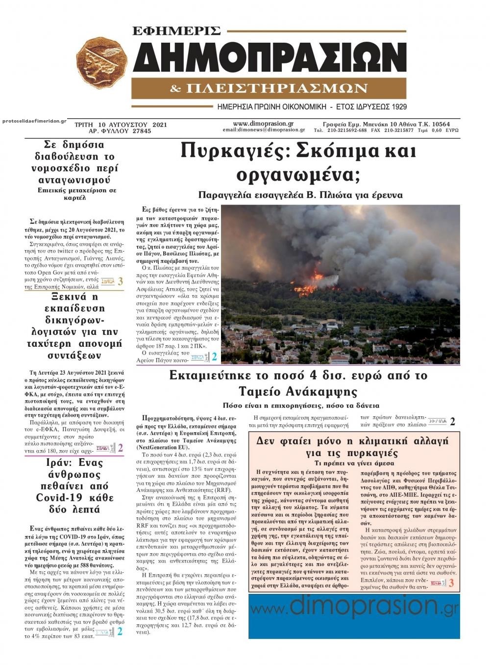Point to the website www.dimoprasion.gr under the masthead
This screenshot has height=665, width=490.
point(263,124)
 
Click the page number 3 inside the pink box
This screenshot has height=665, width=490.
point(451,583)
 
